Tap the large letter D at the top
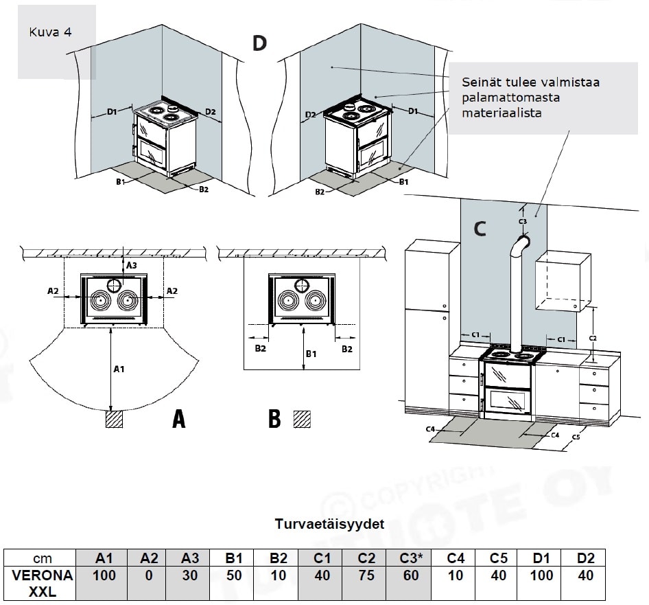[x=259, y=43]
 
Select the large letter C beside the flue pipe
[x=480, y=229]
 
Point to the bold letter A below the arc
[x=178, y=419]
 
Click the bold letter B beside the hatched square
[x=274, y=419]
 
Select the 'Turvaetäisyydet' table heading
[x=329, y=524]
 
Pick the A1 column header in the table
[x=104, y=558]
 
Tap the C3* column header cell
[x=411, y=558]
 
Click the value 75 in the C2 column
[x=367, y=575]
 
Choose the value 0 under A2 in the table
[x=148, y=575]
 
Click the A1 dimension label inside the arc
[x=119, y=369]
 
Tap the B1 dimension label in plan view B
[x=311, y=354]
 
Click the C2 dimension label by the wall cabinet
[x=593, y=338]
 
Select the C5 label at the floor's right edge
[x=576, y=437]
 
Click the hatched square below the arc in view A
[x=114, y=419]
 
